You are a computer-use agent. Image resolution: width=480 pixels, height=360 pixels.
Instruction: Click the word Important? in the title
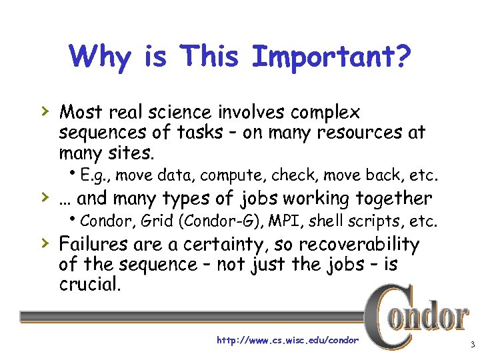coord(331,57)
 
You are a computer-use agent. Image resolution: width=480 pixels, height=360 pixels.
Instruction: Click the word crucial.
coord(87,285)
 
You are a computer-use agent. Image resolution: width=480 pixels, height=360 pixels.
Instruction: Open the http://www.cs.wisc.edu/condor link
coord(288,340)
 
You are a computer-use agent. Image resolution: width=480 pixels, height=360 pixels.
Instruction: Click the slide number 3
coord(472,344)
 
